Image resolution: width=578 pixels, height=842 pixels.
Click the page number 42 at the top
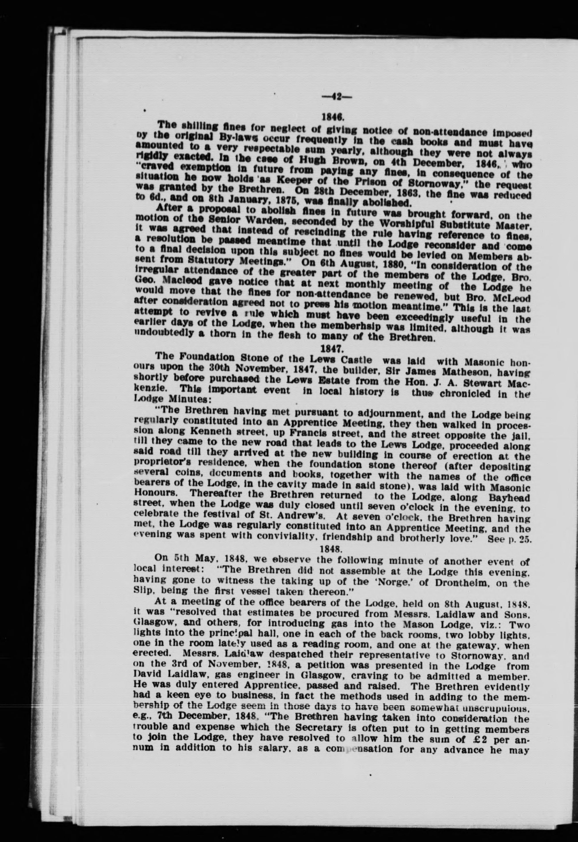(x=336, y=97)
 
